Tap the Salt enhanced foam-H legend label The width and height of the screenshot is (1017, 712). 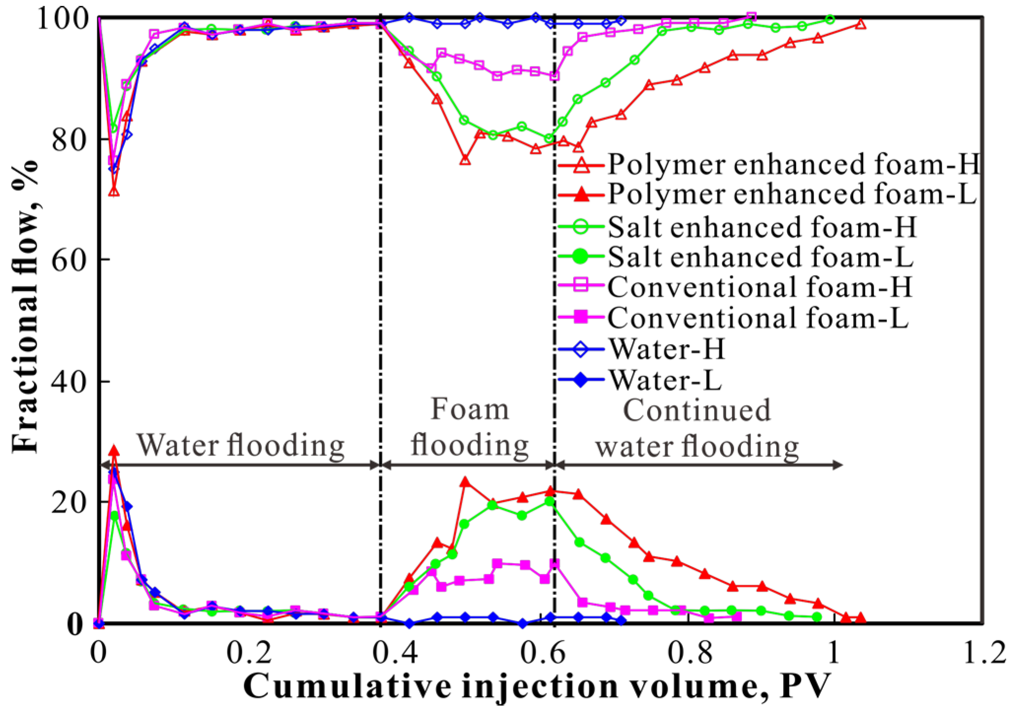pyautogui.click(x=762, y=227)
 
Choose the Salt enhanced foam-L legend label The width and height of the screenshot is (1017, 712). pyautogui.click(x=760, y=257)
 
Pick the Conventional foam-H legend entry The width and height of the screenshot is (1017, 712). pyautogui.click(x=760, y=287)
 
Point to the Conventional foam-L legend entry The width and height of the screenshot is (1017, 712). pyautogui.click(x=758, y=318)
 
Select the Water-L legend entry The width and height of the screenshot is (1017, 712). pyautogui.click(x=665, y=380)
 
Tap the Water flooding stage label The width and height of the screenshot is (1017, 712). pyautogui.click(x=241, y=445)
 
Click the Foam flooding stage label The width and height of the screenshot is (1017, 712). pyautogui.click(x=470, y=427)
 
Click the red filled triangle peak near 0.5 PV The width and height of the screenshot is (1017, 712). pyautogui.click(x=465, y=482)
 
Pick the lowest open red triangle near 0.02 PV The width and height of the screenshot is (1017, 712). pyautogui.click(x=114, y=191)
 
